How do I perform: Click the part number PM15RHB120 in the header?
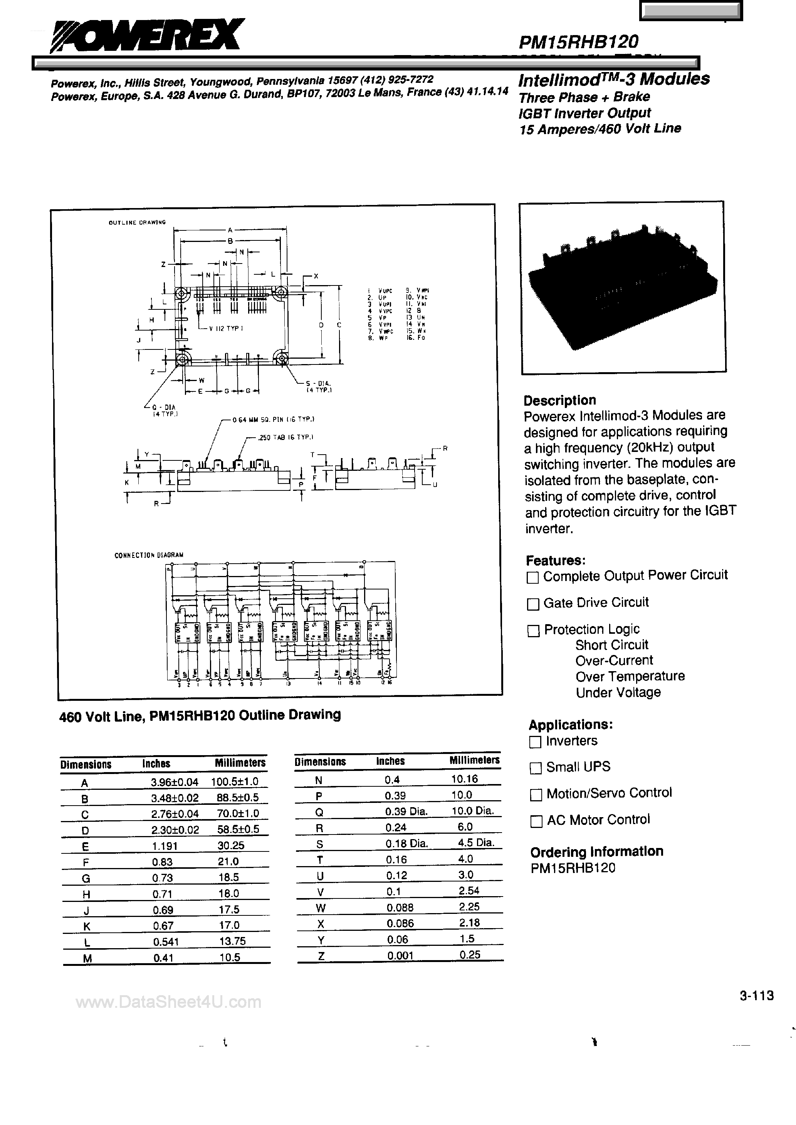click(x=578, y=42)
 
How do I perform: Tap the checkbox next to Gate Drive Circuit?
click(x=532, y=604)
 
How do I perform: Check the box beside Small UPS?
click(x=536, y=768)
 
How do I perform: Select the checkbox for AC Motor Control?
click(x=536, y=821)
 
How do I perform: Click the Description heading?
click(x=560, y=400)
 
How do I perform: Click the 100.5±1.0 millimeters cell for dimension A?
click(x=234, y=781)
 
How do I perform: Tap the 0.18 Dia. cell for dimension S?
click(x=406, y=843)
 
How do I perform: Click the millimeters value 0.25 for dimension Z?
click(x=470, y=954)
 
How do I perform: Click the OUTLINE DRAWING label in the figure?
click(x=137, y=222)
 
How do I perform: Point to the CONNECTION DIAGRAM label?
click(x=148, y=555)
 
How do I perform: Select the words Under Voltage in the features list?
click(x=618, y=692)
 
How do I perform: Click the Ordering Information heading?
click(x=596, y=851)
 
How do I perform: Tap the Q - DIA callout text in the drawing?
click(x=163, y=407)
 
